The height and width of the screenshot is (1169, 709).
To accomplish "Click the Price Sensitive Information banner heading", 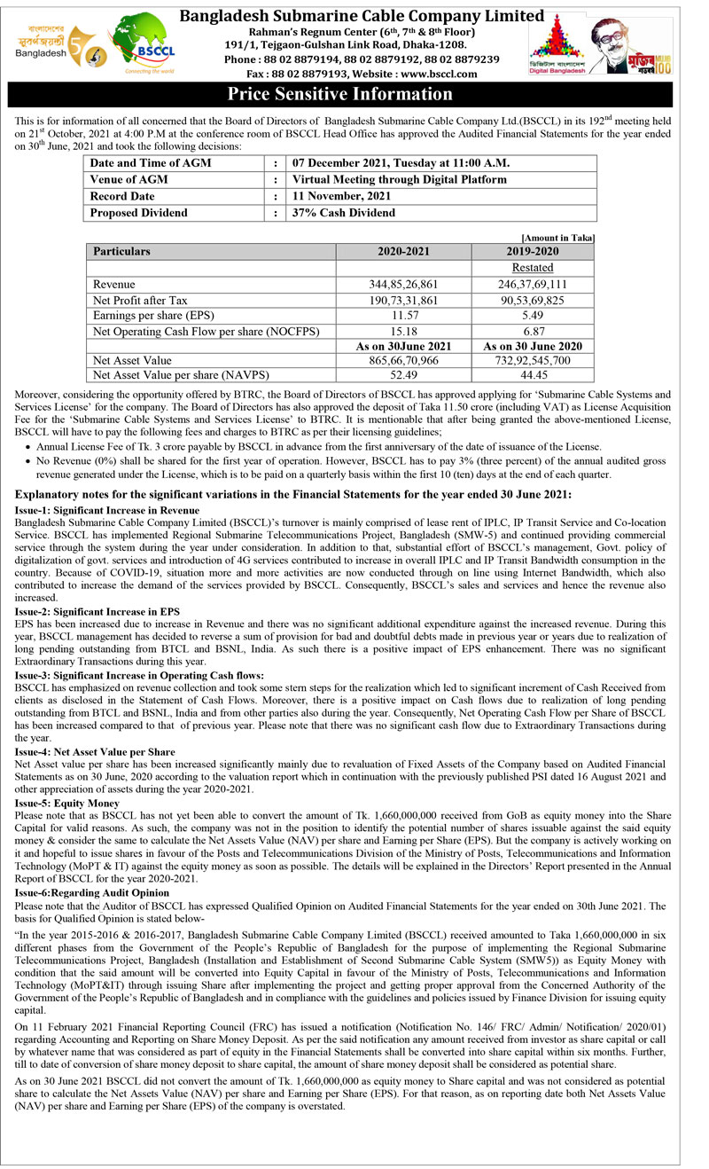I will (x=340, y=94).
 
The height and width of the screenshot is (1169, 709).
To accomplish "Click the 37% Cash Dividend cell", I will (x=344, y=213).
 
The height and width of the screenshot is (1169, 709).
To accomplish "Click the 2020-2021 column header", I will (x=403, y=251).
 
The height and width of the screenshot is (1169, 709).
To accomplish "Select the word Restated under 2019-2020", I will (x=533, y=268).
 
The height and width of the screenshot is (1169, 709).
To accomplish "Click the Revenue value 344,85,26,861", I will (x=403, y=285).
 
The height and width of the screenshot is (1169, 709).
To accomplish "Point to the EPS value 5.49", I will (x=533, y=316).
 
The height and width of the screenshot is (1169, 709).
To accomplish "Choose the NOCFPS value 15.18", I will (x=403, y=332).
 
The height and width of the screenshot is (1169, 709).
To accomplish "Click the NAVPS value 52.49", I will (x=403, y=376).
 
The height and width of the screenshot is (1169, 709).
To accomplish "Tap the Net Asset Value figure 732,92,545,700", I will (x=533, y=361).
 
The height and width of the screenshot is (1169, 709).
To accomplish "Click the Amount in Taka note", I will (x=558, y=238).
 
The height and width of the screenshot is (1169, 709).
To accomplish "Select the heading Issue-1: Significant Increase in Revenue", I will (x=107, y=511).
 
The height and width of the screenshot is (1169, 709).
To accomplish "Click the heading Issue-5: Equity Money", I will (x=66, y=804).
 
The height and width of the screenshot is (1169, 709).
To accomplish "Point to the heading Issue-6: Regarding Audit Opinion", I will (x=92, y=893).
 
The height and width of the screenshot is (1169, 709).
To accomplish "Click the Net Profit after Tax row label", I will (x=140, y=301).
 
